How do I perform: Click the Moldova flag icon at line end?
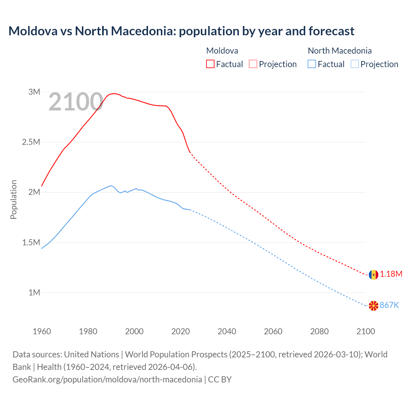[373, 275]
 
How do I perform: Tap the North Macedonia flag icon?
[373, 306]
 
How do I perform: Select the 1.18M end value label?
[391, 274]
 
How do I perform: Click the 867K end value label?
[389, 305]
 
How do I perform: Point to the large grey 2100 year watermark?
[76, 102]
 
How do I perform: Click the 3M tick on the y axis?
[34, 92]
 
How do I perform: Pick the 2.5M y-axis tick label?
[31, 142]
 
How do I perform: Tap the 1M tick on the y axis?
[34, 293]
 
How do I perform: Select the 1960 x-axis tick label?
[42, 331]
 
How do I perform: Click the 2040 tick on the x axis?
[227, 331]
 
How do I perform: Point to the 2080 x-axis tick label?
[319, 331]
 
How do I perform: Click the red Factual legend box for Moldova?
[210, 64]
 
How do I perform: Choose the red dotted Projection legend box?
[253, 64]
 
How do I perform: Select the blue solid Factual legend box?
[312, 64]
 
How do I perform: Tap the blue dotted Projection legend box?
[354, 64]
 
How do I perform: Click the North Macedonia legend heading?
[339, 51]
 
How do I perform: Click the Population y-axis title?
[13, 199]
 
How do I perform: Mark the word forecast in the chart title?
[331, 31]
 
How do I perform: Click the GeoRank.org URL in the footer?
[107, 380]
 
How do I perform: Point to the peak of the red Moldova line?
[114, 93]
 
